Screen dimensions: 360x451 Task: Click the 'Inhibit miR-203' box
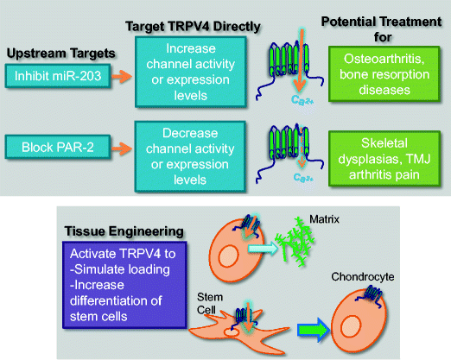pyautogui.click(x=57, y=75)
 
